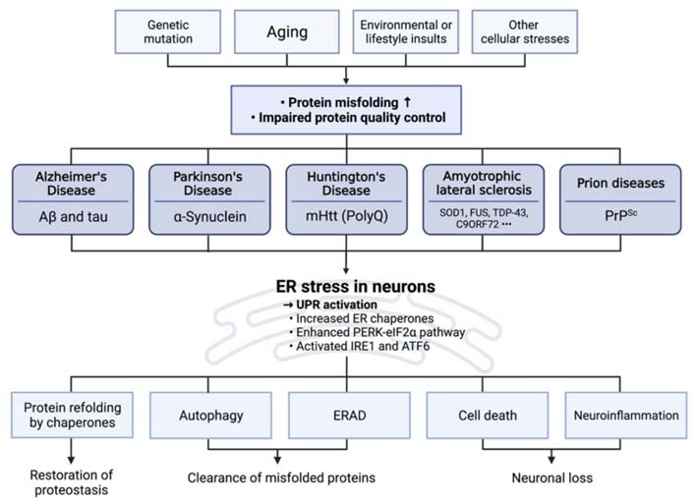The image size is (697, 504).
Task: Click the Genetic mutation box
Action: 169,30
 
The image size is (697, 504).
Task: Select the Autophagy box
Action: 212,415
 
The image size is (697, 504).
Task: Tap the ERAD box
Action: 349,415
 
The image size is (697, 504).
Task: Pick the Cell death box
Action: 486,415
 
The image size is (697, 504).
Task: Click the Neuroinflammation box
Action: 625,415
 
